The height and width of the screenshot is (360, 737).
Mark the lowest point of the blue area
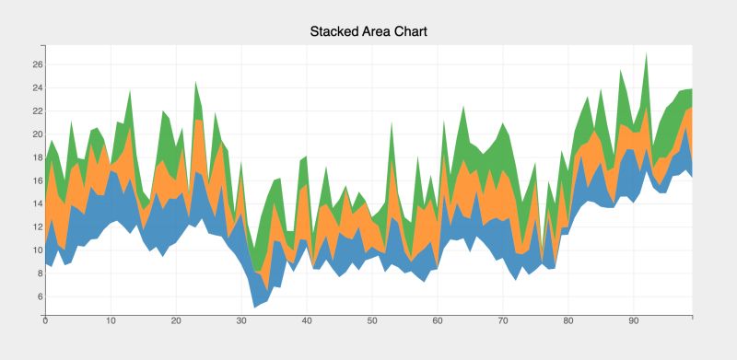click(x=254, y=308)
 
